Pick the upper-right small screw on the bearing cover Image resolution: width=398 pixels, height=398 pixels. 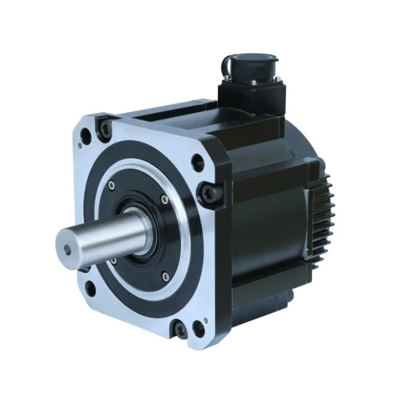pos(165,199)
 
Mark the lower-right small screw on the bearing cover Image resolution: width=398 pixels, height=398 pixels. pos(165,274)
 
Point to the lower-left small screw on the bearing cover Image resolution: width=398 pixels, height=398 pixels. pos(113,259)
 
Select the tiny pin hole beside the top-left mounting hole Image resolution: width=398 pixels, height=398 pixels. pos(80,145)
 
